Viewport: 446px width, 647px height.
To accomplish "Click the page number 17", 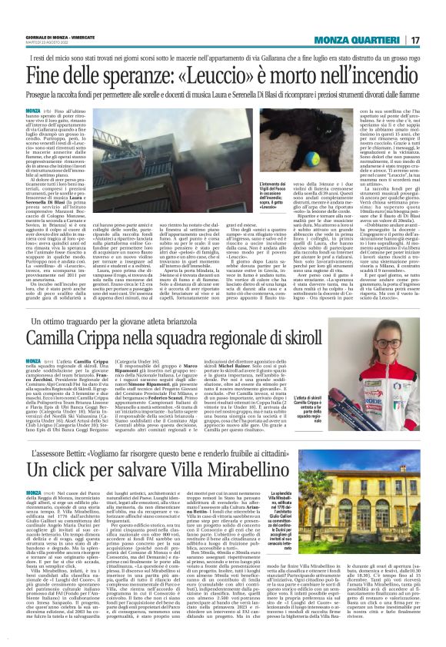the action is click(414, 39).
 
